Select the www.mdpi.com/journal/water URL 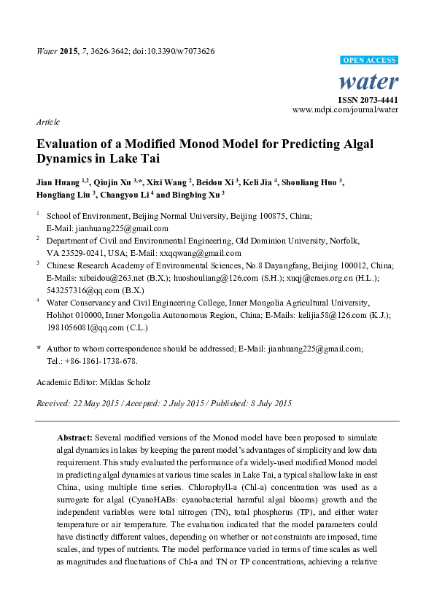tap(345, 109)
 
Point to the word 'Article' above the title tap(47, 122)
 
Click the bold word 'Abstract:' tap(74, 436)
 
